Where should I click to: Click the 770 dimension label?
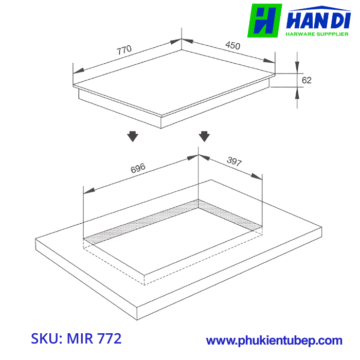(x=124, y=50)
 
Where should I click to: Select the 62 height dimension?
(x=307, y=80)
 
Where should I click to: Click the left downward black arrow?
(x=133, y=136)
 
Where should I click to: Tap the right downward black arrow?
(x=204, y=136)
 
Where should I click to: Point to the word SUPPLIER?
(x=335, y=34)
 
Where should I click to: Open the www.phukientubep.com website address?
(x=274, y=340)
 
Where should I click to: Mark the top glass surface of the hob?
(x=175, y=77)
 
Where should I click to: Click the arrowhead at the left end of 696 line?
(x=88, y=191)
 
